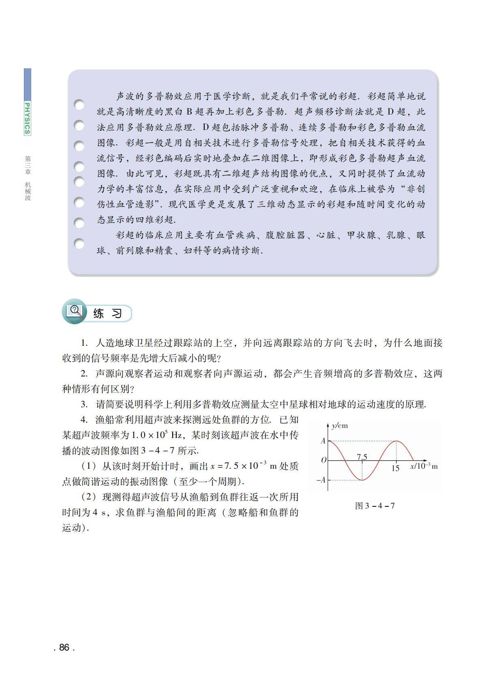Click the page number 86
(64, 647)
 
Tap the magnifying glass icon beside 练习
(75, 311)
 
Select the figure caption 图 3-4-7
(375, 506)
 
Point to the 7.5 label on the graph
(362, 457)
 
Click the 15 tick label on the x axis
(396, 468)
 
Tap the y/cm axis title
(340, 425)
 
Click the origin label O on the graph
(323, 460)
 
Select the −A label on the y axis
(321, 480)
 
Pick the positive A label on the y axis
(323, 441)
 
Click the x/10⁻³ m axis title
(424, 466)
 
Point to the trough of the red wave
(362, 480)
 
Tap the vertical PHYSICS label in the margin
(27, 118)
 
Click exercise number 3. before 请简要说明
(84, 404)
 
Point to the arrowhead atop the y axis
(328, 425)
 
